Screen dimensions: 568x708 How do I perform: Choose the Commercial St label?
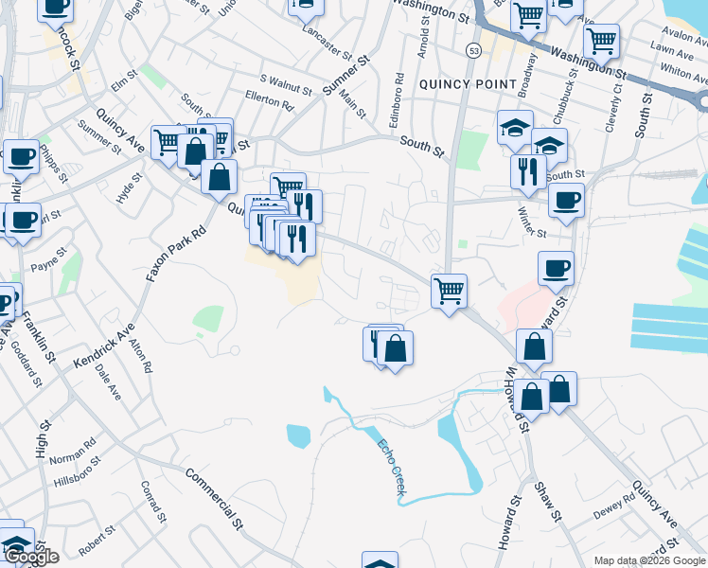coord(214,498)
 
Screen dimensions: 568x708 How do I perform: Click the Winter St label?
coord(532,227)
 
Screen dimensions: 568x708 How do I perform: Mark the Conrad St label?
coord(153,503)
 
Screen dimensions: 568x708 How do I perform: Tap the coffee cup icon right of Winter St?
coord(566,201)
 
